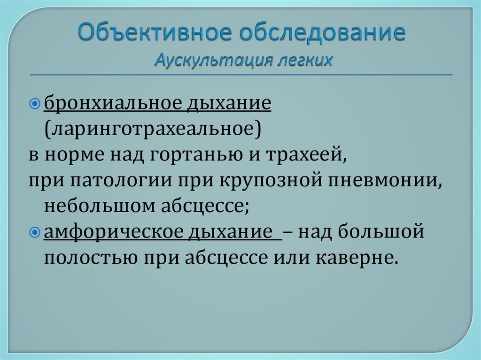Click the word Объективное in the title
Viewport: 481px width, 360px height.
(x=151, y=34)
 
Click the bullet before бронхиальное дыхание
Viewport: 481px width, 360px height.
(x=39, y=103)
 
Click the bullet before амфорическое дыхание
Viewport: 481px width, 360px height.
(x=39, y=233)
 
